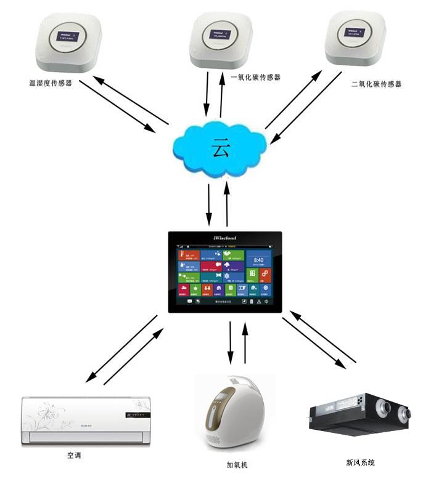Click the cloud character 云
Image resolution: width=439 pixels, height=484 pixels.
pyautogui.click(x=221, y=148)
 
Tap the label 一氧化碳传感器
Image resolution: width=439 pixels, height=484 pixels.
pyautogui.click(x=255, y=78)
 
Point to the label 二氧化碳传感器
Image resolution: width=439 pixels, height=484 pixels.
pyautogui.click(x=375, y=84)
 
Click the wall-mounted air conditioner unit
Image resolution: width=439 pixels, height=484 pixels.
pyautogui.click(x=86, y=419)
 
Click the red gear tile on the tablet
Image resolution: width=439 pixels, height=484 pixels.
pyautogui.click(x=265, y=274)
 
